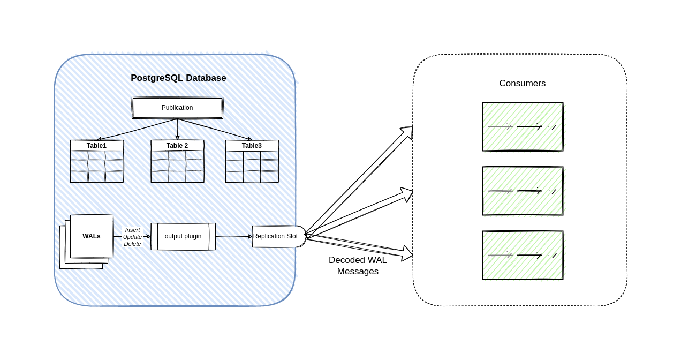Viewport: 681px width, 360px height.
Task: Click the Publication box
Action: (x=177, y=108)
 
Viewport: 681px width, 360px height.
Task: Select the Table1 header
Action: (x=96, y=146)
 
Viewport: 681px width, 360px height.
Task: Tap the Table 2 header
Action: (x=177, y=146)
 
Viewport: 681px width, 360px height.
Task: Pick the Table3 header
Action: (x=252, y=146)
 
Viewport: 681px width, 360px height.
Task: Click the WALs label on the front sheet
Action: (x=92, y=236)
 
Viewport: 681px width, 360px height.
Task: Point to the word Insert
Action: (x=132, y=230)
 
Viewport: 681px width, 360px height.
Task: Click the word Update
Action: (x=132, y=237)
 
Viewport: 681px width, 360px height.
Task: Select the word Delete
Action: (x=132, y=244)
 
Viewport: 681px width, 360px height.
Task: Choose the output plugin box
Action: (x=183, y=236)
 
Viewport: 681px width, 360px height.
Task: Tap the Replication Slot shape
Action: (x=276, y=236)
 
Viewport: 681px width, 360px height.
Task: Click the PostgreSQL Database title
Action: (x=178, y=78)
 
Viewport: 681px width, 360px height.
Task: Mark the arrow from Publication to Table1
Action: (x=137, y=130)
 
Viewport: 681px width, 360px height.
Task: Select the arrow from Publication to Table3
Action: (x=214, y=130)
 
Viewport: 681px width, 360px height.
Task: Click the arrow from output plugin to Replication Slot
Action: (x=233, y=236)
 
